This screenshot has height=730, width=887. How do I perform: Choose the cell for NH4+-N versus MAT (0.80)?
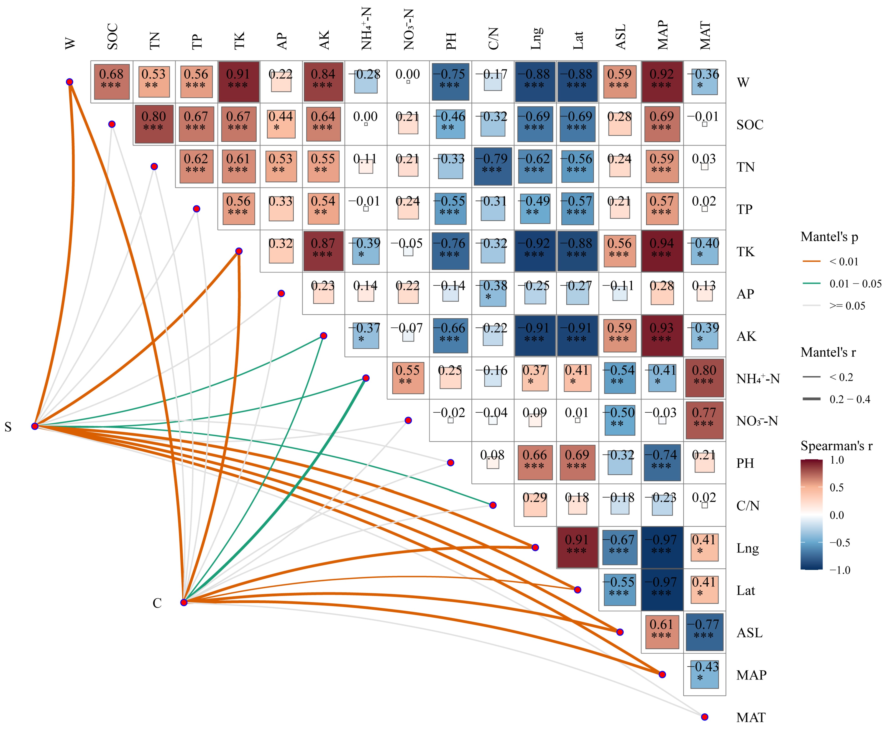[x=704, y=378]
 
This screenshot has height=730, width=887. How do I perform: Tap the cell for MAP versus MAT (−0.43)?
[x=704, y=674]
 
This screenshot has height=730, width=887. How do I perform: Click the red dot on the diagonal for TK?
[x=239, y=251]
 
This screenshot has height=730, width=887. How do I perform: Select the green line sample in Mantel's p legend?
[x=811, y=283]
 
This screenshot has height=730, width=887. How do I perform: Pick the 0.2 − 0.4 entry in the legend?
[x=850, y=399]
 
